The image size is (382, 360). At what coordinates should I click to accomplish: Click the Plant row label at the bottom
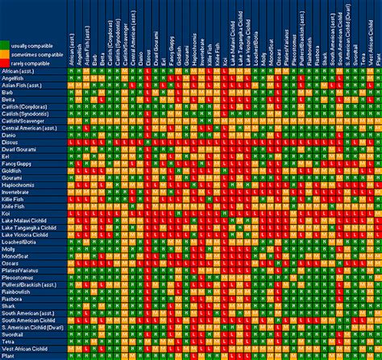point(9,354)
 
